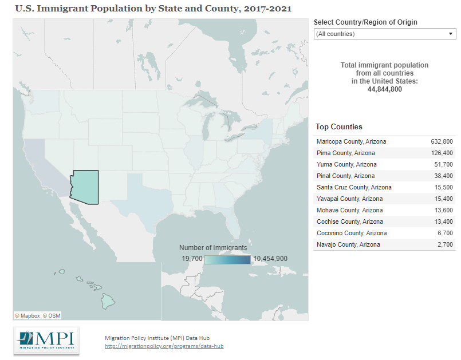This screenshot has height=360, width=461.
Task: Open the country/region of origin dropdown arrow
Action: click(x=451, y=34)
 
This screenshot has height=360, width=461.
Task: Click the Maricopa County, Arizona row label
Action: click(x=351, y=141)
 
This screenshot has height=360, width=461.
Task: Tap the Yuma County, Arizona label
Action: click(x=346, y=164)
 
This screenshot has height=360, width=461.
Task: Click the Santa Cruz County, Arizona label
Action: click(x=353, y=187)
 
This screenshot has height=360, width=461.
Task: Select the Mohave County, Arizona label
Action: click(x=349, y=210)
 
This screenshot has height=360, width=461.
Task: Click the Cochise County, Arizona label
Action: click(x=349, y=221)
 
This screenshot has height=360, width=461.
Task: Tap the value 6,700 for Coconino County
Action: click(x=445, y=233)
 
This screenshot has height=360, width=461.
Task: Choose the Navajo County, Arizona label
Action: click(x=348, y=244)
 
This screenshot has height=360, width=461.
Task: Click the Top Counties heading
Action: click(x=339, y=127)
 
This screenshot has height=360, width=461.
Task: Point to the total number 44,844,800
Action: click(x=384, y=89)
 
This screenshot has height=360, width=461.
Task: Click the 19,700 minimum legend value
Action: click(x=192, y=259)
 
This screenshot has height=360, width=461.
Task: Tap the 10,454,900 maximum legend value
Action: click(x=270, y=259)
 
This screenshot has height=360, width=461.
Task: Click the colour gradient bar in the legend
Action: click(x=227, y=259)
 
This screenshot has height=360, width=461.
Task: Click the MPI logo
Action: click(x=46, y=341)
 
